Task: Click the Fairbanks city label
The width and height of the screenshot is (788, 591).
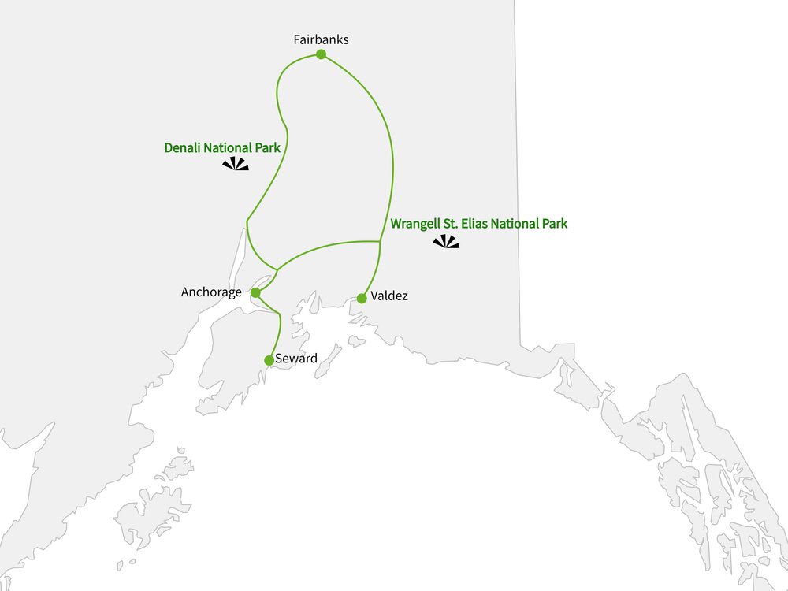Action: (321, 39)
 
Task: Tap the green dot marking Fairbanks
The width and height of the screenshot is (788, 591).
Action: (321, 54)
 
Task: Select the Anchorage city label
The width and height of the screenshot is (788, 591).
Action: (211, 292)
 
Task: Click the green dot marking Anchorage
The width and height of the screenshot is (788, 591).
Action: (255, 292)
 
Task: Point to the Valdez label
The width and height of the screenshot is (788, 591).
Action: (389, 296)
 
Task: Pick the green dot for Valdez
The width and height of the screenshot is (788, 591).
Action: (362, 299)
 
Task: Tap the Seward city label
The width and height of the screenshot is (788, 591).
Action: (296, 359)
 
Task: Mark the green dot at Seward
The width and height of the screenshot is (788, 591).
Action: (269, 360)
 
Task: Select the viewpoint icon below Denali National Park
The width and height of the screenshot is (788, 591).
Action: (235, 164)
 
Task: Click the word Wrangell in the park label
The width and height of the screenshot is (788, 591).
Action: (415, 224)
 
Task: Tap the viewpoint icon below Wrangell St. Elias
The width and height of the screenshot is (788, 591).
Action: (446, 243)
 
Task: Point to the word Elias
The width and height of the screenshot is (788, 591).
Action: (473, 224)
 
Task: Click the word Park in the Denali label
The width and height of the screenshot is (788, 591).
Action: (267, 147)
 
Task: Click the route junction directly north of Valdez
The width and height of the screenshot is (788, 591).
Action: (381, 242)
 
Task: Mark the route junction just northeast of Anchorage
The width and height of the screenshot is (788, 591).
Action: (277, 269)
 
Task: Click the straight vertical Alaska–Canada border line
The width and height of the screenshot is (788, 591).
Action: (518, 158)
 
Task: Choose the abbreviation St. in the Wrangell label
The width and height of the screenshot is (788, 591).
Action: (449, 224)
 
